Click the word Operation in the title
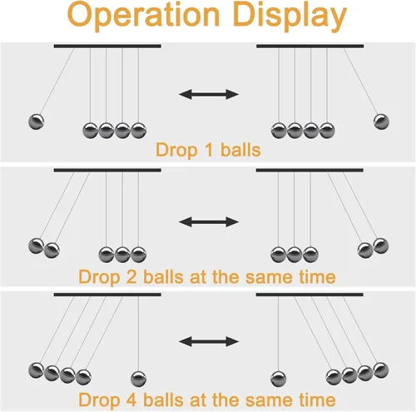click(143, 16)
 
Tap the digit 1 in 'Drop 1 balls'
click(210, 150)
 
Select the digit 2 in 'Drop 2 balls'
click(131, 276)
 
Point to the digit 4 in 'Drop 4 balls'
click(131, 400)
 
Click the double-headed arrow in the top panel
click(209, 94)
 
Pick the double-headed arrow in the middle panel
click(209, 222)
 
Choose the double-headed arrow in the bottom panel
click(209, 341)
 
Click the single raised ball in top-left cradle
click(36, 122)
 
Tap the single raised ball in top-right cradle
click(381, 122)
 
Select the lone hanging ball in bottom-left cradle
click(139, 379)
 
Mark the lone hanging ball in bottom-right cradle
click(278, 379)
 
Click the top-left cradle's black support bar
click(107, 46)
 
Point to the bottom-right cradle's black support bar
click(310, 295)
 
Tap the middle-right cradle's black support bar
click(310, 171)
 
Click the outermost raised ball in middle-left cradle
click(36, 246)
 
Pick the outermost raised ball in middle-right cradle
click(381, 246)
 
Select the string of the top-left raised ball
click(57, 82)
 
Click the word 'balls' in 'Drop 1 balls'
click(240, 150)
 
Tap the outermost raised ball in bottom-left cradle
click(36, 370)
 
